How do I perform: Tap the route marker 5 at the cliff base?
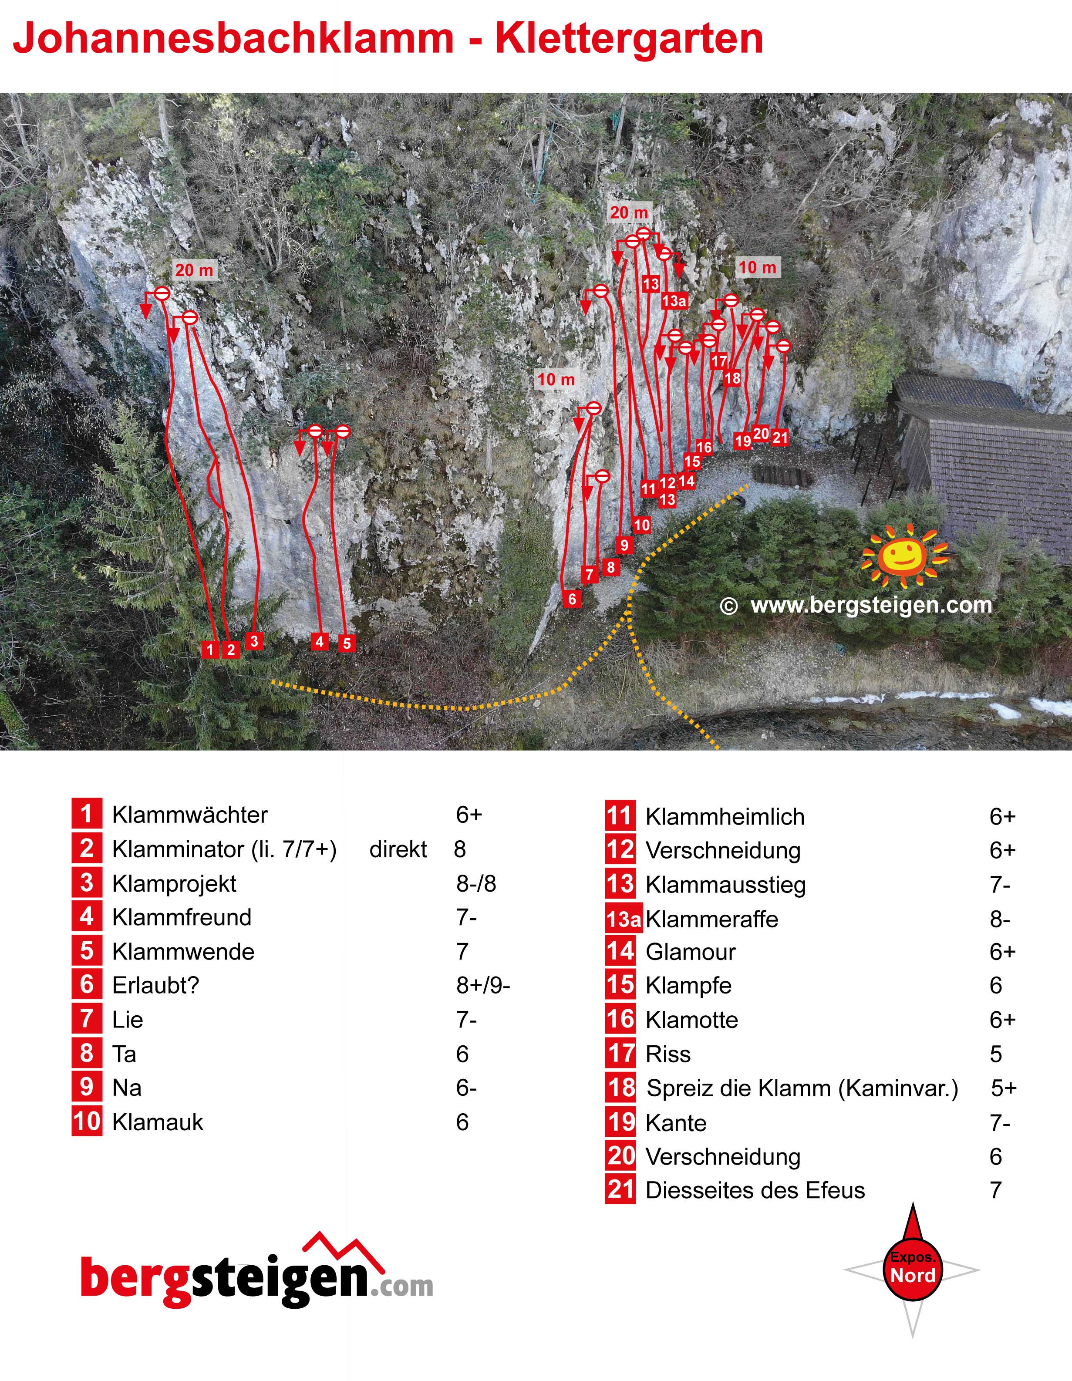[x=347, y=643]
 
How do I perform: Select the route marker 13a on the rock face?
[x=674, y=301]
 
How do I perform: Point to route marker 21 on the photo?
[x=780, y=437]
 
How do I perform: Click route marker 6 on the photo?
[x=573, y=599]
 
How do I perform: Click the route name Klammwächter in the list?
[x=190, y=815]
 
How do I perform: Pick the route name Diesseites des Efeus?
[x=755, y=1191]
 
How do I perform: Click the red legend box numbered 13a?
[x=624, y=919]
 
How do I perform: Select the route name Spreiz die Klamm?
[x=739, y=1088]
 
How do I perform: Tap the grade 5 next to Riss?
[x=996, y=1054]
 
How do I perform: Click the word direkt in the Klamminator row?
[x=398, y=849]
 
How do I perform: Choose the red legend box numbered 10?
[x=87, y=1122]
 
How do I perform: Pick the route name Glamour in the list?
[x=691, y=952]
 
